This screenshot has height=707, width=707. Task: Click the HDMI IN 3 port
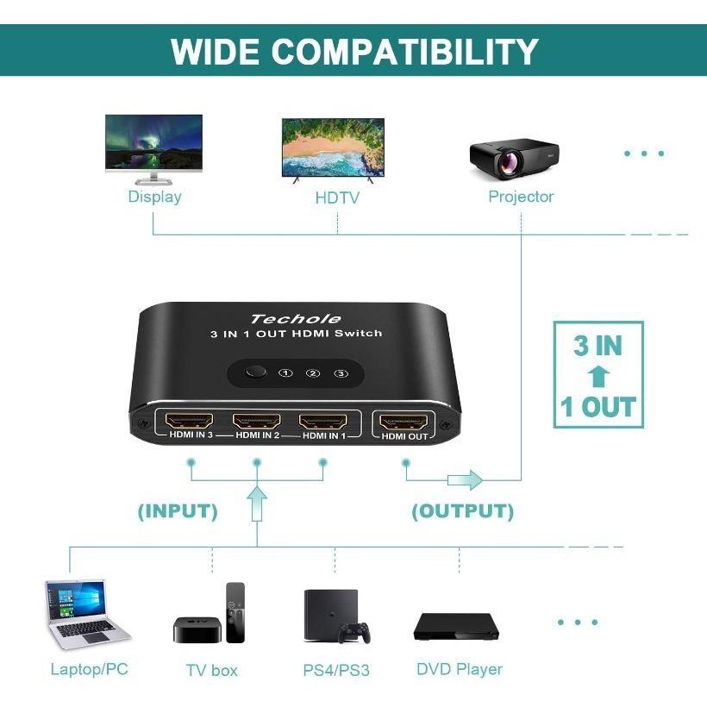(x=190, y=422)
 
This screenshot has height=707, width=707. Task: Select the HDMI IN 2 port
(x=256, y=422)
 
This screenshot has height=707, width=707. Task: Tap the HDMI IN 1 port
(x=322, y=422)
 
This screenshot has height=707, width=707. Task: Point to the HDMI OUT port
(x=404, y=422)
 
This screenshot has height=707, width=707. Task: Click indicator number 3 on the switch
(x=341, y=373)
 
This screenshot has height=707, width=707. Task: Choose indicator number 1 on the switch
(x=285, y=372)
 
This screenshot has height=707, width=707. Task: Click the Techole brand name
(x=296, y=319)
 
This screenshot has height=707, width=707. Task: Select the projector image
(x=514, y=160)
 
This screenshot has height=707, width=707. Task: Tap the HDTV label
(x=337, y=197)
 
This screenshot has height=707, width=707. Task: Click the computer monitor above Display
(x=153, y=150)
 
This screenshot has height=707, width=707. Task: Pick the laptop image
(x=87, y=614)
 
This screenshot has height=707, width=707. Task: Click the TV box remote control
(x=235, y=612)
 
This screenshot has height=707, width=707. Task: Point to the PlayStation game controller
(x=354, y=632)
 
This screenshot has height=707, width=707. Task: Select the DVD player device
(x=456, y=626)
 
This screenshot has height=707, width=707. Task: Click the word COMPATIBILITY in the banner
(x=404, y=51)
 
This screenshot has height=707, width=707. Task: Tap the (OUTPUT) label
(x=463, y=511)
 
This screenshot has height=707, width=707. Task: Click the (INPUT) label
(x=178, y=511)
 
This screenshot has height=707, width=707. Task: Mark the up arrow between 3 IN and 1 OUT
(x=598, y=377)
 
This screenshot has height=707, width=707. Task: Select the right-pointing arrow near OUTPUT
(x=465, y=479)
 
